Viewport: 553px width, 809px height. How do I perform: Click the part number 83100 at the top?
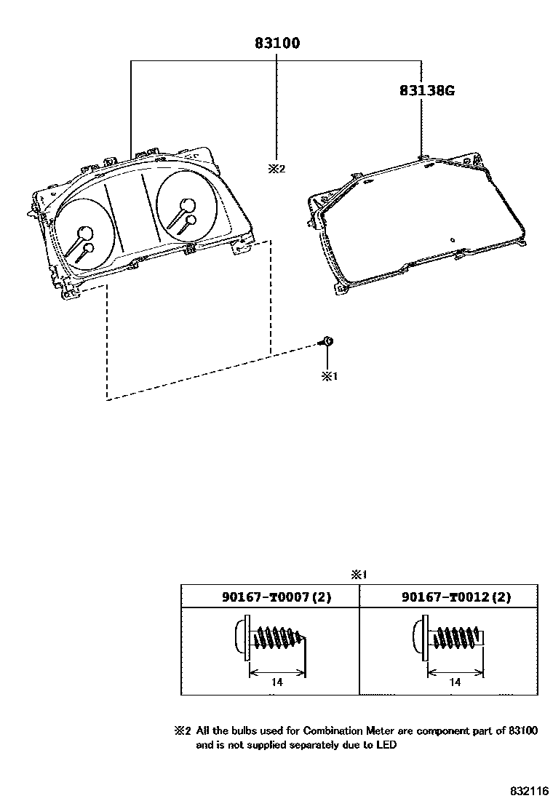tap(277, 44)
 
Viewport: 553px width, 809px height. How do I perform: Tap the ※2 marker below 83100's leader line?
tap(276, 169)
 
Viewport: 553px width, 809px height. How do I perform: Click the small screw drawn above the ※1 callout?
tap(327, 341)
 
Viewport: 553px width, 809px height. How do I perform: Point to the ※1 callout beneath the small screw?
tap(330, 376)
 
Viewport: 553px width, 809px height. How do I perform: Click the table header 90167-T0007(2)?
tap(276, 597)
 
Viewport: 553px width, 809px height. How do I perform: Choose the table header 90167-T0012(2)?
tap(456, 597)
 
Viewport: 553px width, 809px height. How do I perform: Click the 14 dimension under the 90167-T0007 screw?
tap(277, 682)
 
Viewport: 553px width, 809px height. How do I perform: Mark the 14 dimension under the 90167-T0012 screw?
tap(455, 682)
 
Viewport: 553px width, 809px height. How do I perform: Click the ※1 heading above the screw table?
tap(359, 574)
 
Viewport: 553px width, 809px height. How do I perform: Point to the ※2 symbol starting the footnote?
tap(182, 730)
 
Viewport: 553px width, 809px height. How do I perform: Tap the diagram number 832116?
tap(528, 791)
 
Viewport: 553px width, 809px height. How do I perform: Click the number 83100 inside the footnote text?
tap(522, 730)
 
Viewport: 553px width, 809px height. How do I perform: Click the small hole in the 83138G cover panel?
tap(453, 239)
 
